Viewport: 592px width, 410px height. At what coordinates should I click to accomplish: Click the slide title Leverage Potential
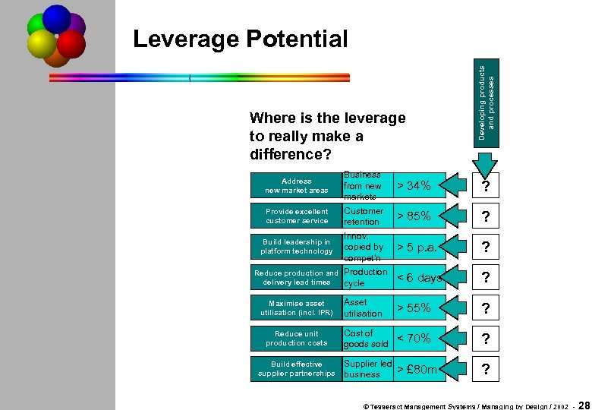point(240,39)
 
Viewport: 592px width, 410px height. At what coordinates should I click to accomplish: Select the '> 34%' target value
point(414,186)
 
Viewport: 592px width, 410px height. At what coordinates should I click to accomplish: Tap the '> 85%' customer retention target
point(414,216)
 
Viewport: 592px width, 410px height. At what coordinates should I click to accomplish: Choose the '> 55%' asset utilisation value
point(414,307)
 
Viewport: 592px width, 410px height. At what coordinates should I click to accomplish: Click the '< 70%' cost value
point(414,338)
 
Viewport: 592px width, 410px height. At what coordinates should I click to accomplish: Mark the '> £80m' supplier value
point(417,369)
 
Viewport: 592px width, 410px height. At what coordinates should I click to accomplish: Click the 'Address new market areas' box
point(296,186)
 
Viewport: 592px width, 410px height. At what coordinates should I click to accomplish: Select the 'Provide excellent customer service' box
point(296,216)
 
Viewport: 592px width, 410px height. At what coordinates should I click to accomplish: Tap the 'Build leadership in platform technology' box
point(296,247)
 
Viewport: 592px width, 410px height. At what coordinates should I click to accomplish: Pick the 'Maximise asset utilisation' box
point(296,307)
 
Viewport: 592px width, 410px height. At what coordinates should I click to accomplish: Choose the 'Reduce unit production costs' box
point(296,338)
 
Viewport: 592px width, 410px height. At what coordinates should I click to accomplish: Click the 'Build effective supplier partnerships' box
point(296,369)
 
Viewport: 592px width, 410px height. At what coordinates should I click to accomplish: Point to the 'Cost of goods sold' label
point(365,339)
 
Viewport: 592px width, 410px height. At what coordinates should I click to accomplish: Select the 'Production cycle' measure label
point(365,278)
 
